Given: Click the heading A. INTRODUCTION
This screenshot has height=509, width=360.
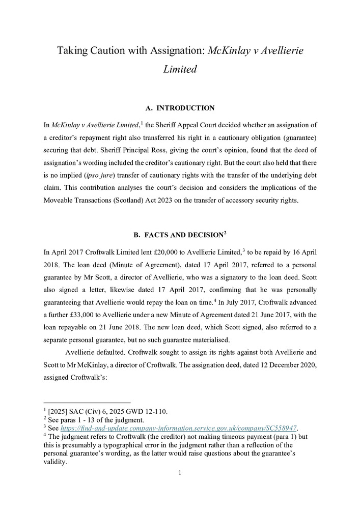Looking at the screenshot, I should [x=180, y=108].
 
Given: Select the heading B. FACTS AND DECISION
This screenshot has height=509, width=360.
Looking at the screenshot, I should [x=180, y=235].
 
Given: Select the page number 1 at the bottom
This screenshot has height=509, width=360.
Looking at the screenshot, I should [x=180, y=472].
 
